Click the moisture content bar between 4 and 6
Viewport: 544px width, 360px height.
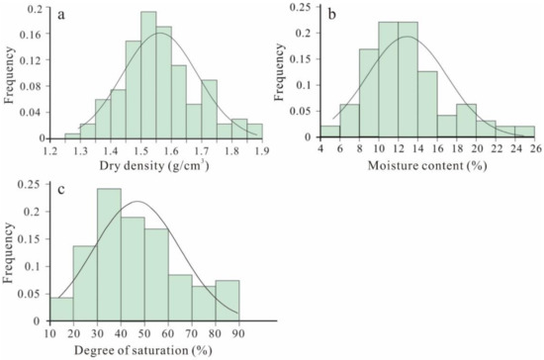coord(330,131)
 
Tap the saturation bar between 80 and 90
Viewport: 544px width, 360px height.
coord(227,298)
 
